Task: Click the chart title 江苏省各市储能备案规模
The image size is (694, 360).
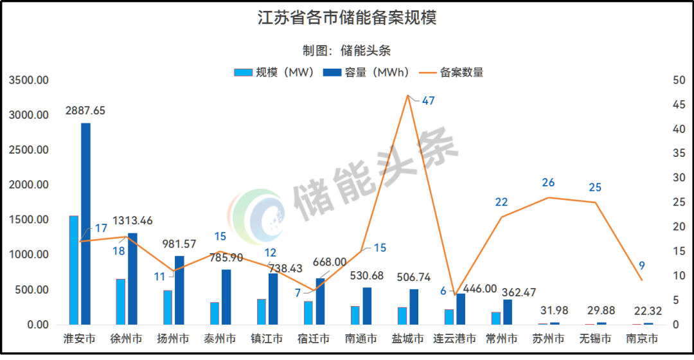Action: pos(346,17)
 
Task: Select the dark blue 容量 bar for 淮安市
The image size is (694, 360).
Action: pos(85,224)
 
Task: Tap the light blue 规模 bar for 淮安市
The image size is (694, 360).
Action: pos(74,270)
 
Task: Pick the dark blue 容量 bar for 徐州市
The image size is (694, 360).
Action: pos(132,279)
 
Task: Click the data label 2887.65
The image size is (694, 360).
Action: pos(85,111)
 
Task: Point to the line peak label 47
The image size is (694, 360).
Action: pos(428,101)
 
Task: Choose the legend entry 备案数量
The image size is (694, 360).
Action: pos(461,72)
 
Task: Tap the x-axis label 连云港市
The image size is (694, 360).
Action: pos(454,339)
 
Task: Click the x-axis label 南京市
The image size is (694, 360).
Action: pos(642,339)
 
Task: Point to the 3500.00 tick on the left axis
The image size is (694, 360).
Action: pos(29,80)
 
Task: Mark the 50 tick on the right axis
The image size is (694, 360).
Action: pos(677,80)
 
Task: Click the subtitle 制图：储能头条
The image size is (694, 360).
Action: pos(346,50)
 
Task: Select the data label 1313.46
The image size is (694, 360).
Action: pos(133,221)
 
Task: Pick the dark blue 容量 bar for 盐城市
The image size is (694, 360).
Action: pos(414,307)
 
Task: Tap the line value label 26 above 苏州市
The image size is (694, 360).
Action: pos(548,183)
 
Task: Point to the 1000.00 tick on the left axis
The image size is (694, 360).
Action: pos(29,255)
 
